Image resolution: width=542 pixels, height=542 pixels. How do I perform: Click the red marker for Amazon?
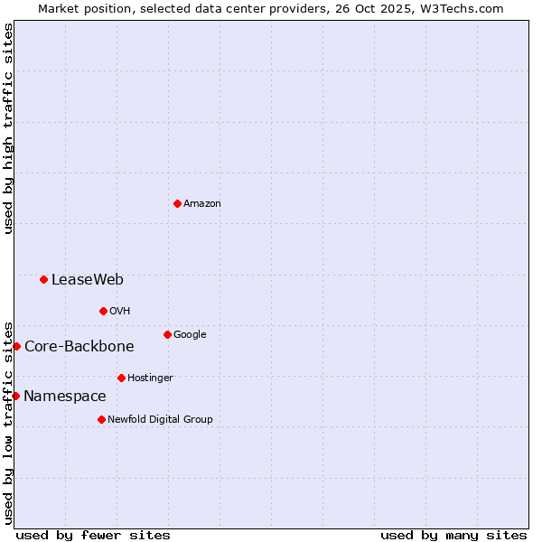coord(177,203)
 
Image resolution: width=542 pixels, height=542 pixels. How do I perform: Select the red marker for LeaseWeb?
coord(43,279)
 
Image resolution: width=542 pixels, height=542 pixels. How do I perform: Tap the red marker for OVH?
coord(103,311)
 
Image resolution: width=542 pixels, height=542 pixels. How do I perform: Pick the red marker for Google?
coord(167,334)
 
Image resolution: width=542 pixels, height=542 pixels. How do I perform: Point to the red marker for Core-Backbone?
coord(16,346)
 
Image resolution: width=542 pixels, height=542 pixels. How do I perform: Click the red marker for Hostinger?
coord(121,378)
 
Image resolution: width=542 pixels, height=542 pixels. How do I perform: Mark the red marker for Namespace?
coord(15,396)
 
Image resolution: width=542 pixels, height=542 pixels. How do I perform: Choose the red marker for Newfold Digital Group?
coord(101,419)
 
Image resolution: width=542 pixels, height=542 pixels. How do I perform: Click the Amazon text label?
coord(202,204)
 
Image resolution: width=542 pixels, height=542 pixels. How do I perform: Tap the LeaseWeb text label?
coord(88,280)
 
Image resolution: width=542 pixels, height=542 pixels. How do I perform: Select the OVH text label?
coord(120,312)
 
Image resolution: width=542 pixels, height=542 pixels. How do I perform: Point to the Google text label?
coord(190,335)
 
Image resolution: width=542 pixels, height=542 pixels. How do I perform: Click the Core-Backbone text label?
coord(79,347)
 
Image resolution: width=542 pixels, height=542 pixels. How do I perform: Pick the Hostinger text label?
coord(150,378)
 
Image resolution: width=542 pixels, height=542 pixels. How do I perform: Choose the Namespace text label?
coord(65,397)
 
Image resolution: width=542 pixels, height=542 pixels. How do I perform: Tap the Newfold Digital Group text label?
coord(160,420)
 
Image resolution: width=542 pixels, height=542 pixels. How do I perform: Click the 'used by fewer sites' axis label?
coord(93,535)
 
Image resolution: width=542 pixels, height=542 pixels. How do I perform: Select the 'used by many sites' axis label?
coord(453,535)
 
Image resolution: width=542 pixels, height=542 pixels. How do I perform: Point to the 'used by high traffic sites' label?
coord(8,128)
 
